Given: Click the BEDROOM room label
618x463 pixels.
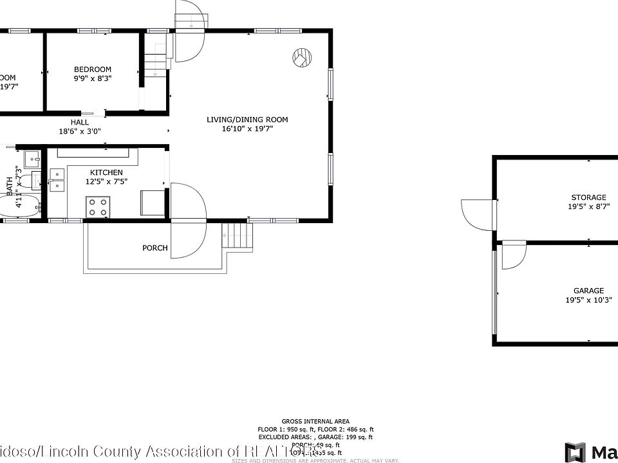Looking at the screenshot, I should (92, 69).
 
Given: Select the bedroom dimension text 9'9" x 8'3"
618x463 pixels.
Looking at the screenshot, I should (92, 78).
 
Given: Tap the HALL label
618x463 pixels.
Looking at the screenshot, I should (80, 122).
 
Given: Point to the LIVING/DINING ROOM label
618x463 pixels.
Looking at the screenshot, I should (247, 120).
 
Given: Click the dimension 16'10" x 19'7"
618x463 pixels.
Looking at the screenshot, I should (247, 129).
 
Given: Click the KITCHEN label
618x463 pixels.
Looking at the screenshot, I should (106, 172).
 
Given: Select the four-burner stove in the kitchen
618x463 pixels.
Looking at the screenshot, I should (98, 206).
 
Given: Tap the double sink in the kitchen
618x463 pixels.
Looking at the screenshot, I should (57, 179).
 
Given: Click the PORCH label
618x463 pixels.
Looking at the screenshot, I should (155, 248).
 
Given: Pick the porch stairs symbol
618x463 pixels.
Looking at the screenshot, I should (236, 235).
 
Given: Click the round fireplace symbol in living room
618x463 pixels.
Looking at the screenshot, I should (301, 58).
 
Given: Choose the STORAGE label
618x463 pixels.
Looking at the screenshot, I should (588, 197).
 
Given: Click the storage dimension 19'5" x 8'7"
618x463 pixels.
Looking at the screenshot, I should (588, 206).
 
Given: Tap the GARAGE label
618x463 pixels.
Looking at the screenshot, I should (588, 291).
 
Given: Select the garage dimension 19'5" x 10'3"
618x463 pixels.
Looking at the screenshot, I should (588, 300).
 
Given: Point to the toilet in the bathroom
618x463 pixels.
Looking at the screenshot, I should (26, 184).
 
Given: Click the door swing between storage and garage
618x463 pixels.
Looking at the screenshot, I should (514, 256).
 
